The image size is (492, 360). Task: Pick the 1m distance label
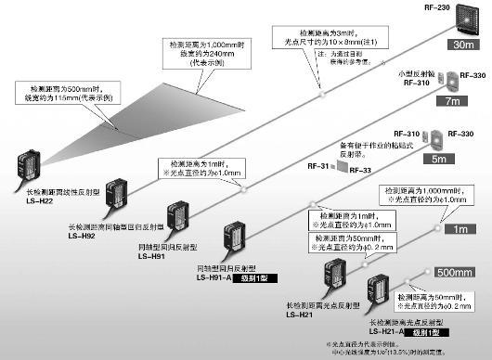pos(460,227)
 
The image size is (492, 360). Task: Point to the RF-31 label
pos(317,168)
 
